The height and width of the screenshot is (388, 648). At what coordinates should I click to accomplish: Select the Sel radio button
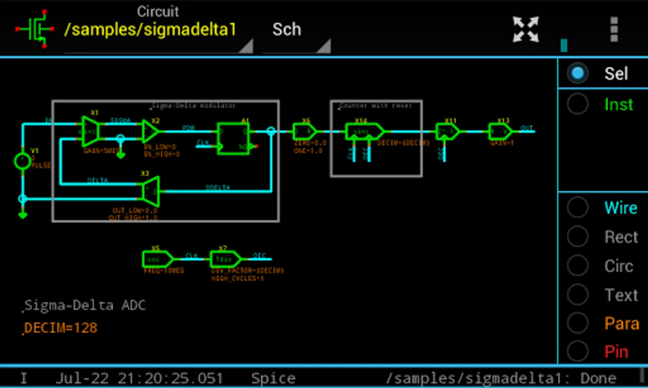tap(578, 73)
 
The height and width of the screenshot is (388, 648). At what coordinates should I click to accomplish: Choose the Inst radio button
tap(578, 104)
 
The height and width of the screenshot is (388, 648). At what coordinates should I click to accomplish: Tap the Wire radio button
tap(578, 208)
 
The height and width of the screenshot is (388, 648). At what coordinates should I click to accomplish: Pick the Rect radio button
tap(578, 237)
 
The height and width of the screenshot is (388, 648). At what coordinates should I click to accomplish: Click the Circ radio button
tap(578, 266)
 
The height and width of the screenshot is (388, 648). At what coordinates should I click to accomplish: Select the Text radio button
tap(578, 295)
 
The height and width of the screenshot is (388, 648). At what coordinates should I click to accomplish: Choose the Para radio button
tap(578, 323)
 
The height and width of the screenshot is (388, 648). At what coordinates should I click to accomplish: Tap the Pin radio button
tap(578, 352)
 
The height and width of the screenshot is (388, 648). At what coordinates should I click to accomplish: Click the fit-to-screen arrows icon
tap(525, 29)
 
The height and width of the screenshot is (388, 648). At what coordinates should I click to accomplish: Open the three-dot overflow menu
tap(614, 29)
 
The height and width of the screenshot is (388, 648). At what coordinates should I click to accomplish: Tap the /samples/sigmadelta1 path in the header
tap(150, 30)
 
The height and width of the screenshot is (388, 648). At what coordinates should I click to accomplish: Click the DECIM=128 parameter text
tap(61, 328)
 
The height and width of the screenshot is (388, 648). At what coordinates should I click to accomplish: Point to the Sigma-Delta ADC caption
tap(85, 305)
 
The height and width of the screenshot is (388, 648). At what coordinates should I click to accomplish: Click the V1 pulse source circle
tap(22, 162)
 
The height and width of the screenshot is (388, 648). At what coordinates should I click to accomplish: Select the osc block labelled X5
tap(156, 259)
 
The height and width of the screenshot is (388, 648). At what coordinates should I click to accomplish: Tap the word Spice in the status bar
tap(273, 378)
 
